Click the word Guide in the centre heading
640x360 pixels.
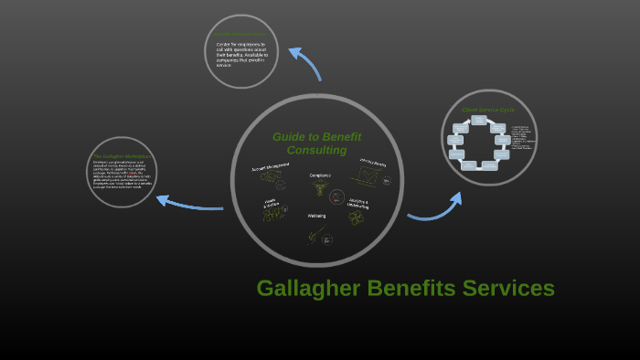tap(290, 137)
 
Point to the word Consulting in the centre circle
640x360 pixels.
tap(316, 150)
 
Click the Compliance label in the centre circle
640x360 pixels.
tap(320, 175)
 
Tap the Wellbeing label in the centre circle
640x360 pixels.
tap(316, 216)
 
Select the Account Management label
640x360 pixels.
tap(271, 168)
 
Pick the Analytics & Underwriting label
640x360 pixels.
tap(358, 204)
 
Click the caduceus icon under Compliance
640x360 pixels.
tap(320, 188)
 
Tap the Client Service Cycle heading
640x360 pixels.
tap(488, 110)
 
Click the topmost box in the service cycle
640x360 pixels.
tap(478, 121)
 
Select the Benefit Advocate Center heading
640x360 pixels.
tap(240, 35)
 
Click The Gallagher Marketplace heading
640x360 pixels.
tap(122, 156)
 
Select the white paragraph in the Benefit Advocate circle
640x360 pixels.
tap(240, 55)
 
